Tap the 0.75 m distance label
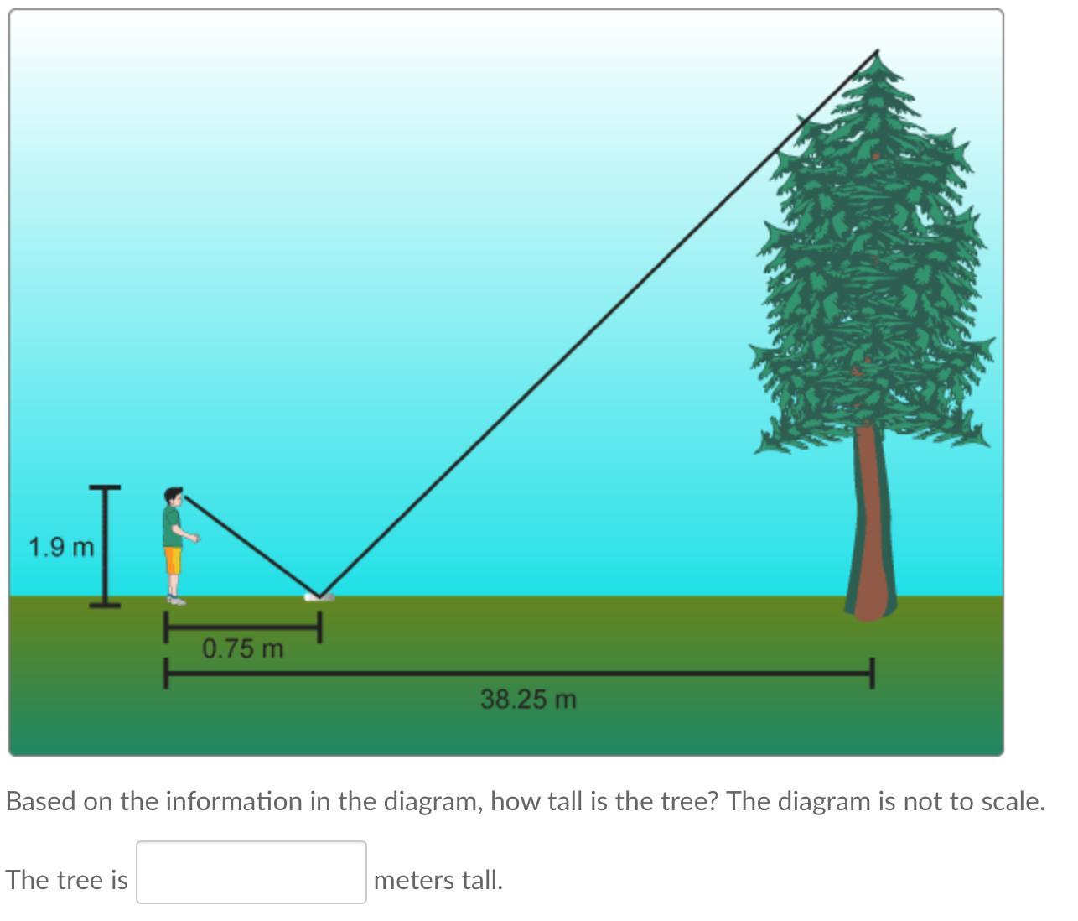[x=243, y=648]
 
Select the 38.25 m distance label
[x=528, y=700]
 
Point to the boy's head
[x=174, y=496]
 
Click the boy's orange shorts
[x=174, y=560]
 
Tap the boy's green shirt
[x=172, y=526]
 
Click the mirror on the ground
[x=319, y=597]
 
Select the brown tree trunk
[x=870, y=522]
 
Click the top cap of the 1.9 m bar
[x=105, y=487]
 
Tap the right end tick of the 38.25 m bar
[x=872, y=674]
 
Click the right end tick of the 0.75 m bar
[x=319, y=627]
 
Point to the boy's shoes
[x=176, y=600]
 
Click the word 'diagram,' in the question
[x=433, y=802]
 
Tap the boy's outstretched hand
[x=195, y=538]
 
